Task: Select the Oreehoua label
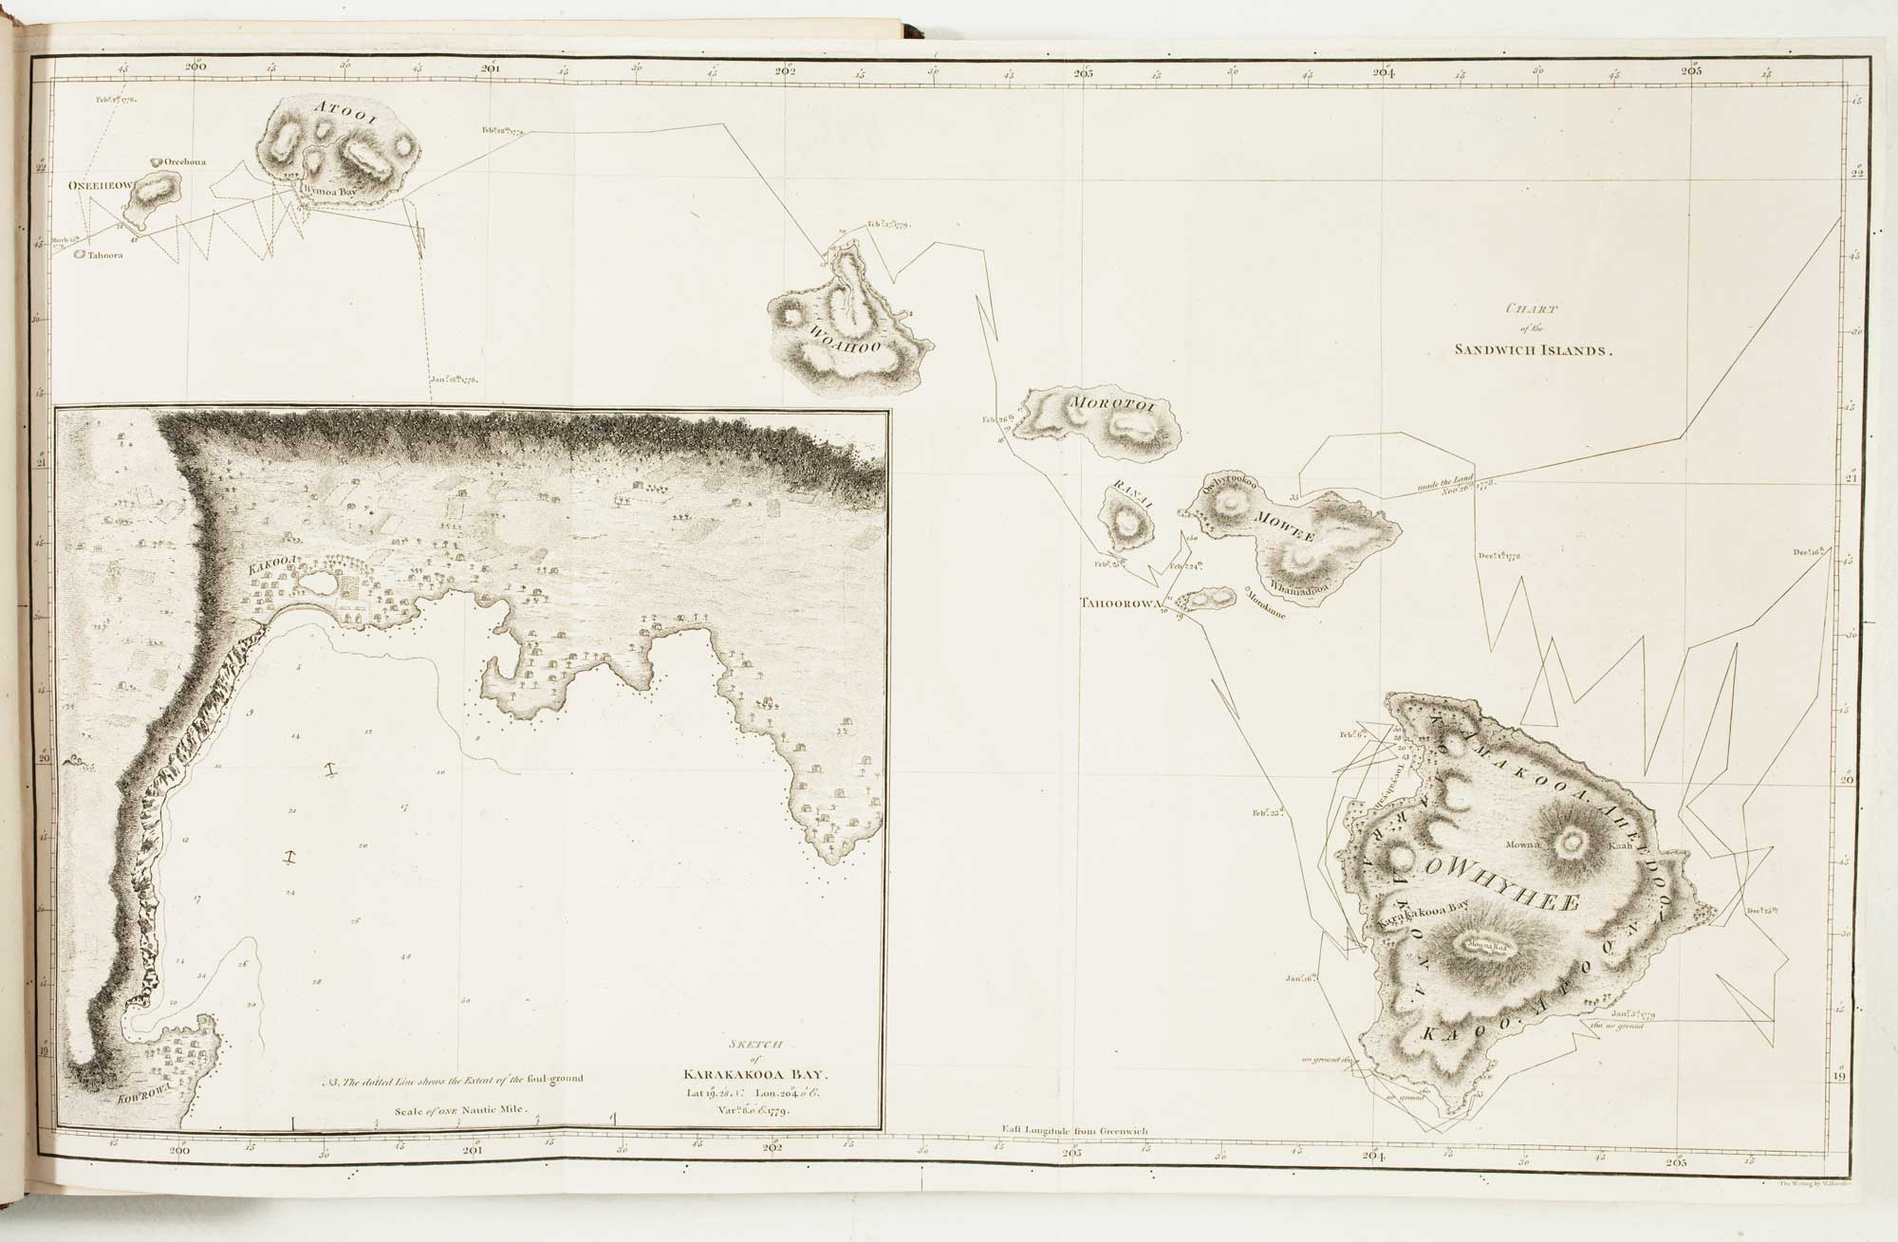(185, 162)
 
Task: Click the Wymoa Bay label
(328, 190)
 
